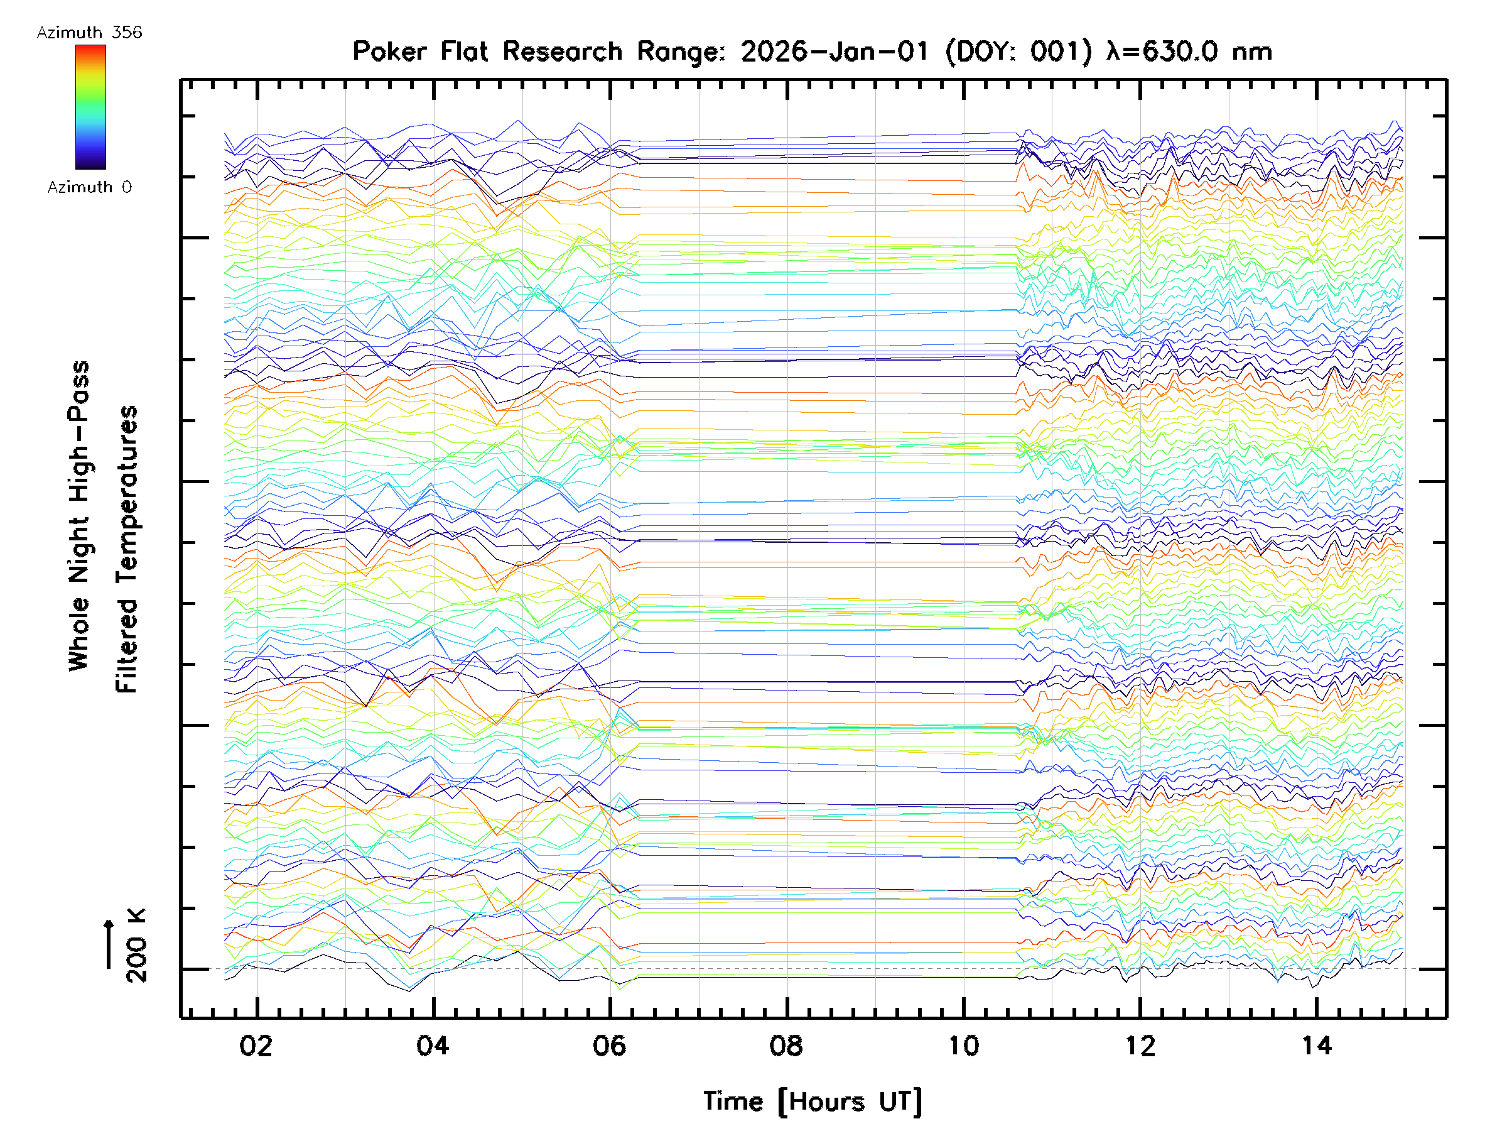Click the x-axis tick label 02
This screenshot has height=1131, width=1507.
pos(256,1046)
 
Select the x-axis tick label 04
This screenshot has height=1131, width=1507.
pos(433,1046)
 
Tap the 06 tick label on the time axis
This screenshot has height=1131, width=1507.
pos(609,1046)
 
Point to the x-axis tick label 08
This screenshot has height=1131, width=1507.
pos(786,1046)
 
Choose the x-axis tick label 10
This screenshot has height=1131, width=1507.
pos(963,1046)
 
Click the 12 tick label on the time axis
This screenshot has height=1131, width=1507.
pos(1140,1046)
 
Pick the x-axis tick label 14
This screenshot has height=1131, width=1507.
pos(1316,1046)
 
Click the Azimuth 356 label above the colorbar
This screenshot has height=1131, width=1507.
pos(89,33)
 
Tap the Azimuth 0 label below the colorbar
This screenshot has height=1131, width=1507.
pos(89,187)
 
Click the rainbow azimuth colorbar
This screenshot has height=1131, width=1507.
pos(90,107)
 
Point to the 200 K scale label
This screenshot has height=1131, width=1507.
pos(137,946)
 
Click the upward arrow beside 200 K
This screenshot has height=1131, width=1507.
pos(109,944)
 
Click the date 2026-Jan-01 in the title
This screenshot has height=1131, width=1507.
pos(835,52)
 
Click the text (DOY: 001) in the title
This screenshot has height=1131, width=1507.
pos(1018,52)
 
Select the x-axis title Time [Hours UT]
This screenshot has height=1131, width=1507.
pos(812,1101)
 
